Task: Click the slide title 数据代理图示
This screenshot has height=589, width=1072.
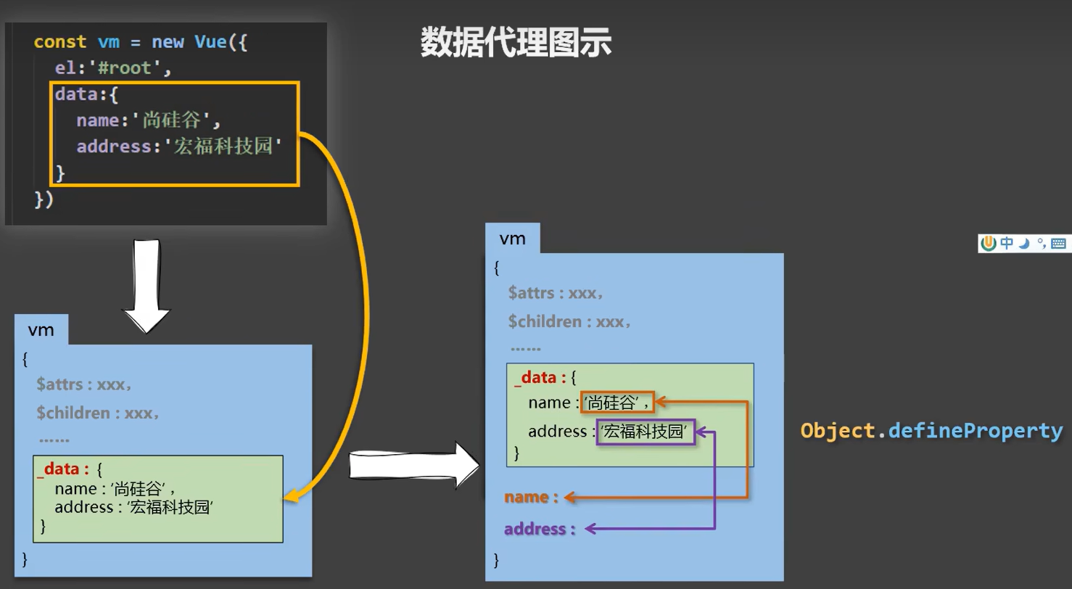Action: [516, 44]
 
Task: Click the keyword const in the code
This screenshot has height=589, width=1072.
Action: [60, 42]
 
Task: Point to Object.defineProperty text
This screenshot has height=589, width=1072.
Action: [931, 430]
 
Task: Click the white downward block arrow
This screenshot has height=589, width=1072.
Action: [147, 285]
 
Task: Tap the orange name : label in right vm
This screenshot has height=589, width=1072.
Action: [532, 498]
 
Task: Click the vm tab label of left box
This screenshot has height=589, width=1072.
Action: [41, 330]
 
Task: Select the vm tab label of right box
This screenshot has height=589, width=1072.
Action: [512, 239]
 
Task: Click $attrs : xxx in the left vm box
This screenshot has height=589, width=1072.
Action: [84, 384]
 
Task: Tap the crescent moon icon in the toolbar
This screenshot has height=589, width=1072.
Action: [1024, 244]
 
